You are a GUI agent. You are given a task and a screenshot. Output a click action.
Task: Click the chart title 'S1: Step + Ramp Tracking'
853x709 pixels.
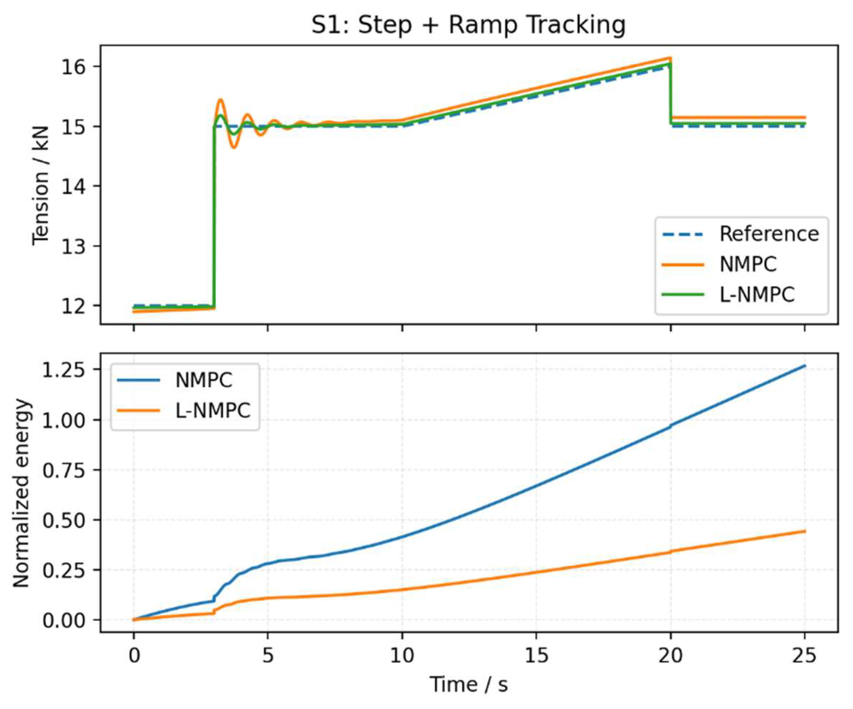468,25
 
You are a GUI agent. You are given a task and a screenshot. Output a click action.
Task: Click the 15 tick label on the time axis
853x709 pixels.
536,656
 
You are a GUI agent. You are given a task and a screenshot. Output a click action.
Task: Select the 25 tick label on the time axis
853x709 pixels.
805,656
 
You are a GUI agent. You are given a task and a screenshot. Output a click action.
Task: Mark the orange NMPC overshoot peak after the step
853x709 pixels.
220,99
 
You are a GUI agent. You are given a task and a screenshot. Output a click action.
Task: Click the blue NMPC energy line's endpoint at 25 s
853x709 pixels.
805,366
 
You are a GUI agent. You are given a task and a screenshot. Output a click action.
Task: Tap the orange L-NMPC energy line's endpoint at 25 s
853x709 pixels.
805,531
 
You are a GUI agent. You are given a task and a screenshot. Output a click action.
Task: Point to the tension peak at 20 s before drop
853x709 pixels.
670,58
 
